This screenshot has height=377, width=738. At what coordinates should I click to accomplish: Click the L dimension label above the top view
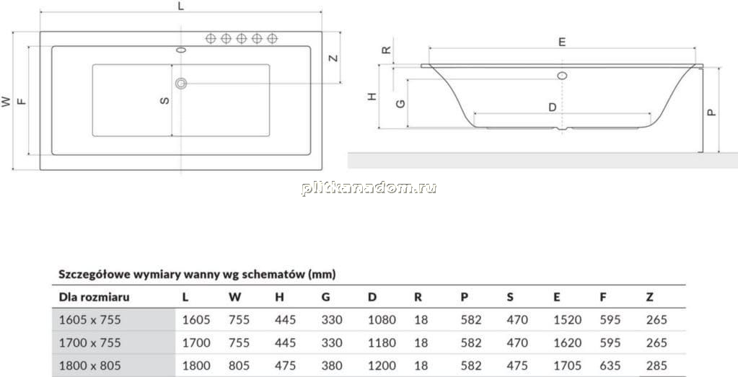click(x=181, y=6)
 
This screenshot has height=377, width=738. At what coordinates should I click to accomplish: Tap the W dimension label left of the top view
click(x=6, y=102)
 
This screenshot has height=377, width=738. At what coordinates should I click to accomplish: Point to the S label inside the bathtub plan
click(x=164, y=100)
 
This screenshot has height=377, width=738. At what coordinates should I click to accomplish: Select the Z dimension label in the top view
click(x=333, y=58)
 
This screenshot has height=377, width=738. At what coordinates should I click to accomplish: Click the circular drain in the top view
click(x=181, y=84)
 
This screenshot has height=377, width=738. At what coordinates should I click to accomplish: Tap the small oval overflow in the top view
click(x=181, y=49)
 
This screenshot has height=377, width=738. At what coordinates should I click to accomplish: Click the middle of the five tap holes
click(x=242, y=38)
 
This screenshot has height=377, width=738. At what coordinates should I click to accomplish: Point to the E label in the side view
click(x=562, y=42)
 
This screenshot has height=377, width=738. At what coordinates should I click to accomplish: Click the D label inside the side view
click(x=553, y=107)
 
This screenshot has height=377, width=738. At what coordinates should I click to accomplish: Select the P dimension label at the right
click(x=711, y=112)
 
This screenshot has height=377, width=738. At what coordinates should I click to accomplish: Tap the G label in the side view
click(x=400, y=103)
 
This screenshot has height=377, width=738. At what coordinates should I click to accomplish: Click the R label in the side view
click(x=386, y=50)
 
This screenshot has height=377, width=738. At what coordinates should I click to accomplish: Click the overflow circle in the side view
click(x=562, y=75)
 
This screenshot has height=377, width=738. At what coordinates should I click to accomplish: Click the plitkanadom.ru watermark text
click(x=369, y=188)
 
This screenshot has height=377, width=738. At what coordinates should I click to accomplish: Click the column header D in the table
click(x=372, y=297)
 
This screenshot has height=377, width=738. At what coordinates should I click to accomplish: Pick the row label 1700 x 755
click(x=89, y=342)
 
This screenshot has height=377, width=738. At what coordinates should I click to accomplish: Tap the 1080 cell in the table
click(x=382, y=320)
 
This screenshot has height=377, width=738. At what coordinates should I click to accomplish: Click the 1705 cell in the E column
click(x=568, y=365)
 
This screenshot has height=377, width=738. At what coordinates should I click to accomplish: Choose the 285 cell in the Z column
click(x=656, y=365)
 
